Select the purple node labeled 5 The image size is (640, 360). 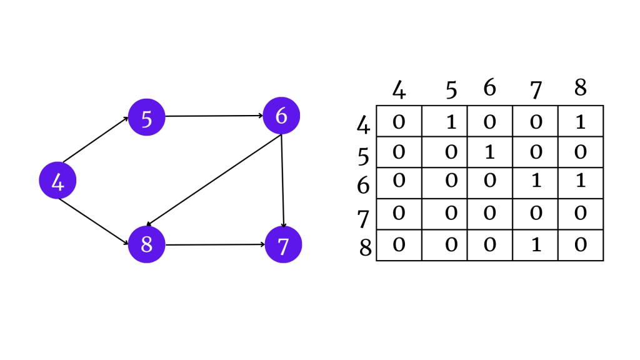146,117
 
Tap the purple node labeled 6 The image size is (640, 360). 281,116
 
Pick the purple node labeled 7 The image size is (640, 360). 283,244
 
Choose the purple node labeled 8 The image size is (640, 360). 146,244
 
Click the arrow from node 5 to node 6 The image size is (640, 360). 214,116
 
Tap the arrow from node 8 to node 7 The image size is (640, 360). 215,244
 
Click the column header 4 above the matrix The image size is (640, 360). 399,90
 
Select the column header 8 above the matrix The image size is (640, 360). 581,87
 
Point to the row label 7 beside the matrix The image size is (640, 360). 364,219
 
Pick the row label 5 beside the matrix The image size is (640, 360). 364,156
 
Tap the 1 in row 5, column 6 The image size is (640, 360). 490,152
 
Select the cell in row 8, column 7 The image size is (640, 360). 535,245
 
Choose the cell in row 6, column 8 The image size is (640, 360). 581,182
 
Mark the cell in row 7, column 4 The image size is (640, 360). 399,214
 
